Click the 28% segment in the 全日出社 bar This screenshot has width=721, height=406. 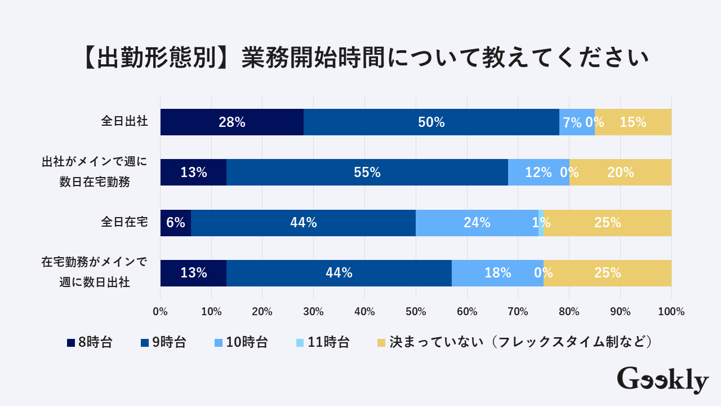pyautogui.click(x=232, y=122)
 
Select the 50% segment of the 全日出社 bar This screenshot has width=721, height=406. pyautogui.click(x=431, y=122)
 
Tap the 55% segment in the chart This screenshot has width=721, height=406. pyautogui.click(x=367, y=173)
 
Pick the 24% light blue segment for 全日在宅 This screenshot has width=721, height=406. pyautogui.click(x=477, y=223)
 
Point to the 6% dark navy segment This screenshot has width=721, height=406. pyautogui.click(x=176, y=223)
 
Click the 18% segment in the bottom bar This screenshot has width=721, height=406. pyautogui.click(x=497, y=273)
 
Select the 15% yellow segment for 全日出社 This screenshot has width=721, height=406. pyautogui.click(x=633, y=122)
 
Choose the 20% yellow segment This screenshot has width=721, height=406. pyautogui.click(x=620, y=173)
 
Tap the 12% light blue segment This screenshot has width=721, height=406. pyautogui.click(x=538, y=173)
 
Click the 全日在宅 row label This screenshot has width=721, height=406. pyautogui.click(x=124, y=222)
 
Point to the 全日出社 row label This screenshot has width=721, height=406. pyautogui.click(x=124, y=121)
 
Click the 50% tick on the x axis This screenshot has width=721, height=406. pyautogui.click(x=416, y=311)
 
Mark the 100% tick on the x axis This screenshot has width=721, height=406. pyautogui.click(x=671, y=311)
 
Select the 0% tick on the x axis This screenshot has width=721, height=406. pyautogui.click(x=161, y=311)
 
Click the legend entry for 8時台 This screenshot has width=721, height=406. pyautogui.click(x=90, y=342)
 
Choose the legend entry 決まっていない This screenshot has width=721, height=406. pyautogui.click(x=515, y=342)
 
